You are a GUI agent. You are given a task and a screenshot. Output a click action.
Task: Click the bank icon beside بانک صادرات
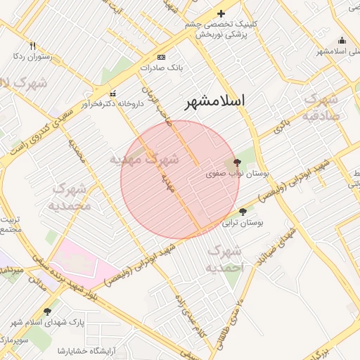[x=162, y=57]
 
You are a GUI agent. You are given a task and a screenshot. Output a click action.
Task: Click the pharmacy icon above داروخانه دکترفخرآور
[x=112, y=93]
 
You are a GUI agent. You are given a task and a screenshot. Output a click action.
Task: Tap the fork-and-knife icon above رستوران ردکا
[x=32, y=45]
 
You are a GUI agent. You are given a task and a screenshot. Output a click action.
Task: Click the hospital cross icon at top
[x=221, y=13]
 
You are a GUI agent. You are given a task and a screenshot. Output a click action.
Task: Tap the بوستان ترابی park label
[x=243, y=223]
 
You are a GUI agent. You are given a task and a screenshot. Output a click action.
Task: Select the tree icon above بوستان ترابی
[x=243, y=212]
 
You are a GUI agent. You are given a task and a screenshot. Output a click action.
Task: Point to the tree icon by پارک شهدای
[x=48, y=311]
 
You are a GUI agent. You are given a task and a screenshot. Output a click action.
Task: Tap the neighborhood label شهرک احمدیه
[x=226, y=258]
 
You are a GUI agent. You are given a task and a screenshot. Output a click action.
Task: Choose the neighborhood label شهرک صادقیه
[x=322, y=107]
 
